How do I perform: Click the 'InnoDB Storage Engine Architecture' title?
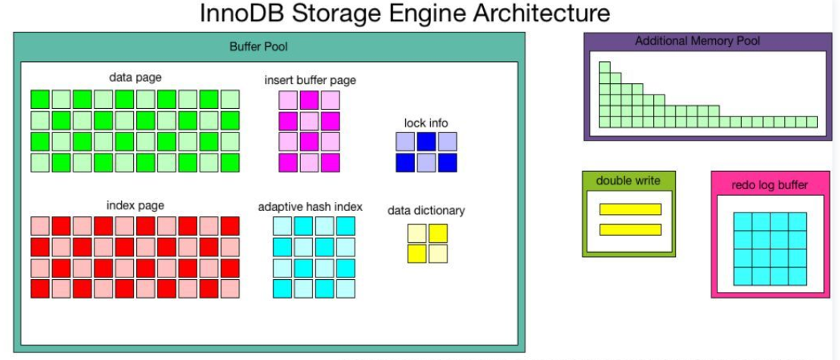point(405,13)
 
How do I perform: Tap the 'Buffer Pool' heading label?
point(259,47)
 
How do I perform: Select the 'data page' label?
point(135,77)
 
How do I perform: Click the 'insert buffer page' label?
point(310,80)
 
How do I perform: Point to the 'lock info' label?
point(426,123)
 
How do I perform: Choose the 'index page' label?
point(135,205)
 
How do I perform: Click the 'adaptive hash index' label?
point(310,206)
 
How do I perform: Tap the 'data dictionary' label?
point(426,210)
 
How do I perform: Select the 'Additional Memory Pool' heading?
point(698,41)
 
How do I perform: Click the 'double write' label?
point(629,181)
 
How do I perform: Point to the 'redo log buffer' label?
point(769,185)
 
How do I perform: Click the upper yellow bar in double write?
point(630,209)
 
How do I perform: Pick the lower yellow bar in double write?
point(630,230)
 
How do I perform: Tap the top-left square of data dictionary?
point(417,233)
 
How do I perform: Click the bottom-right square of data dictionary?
point(438,254)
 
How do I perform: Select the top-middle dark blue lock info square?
point(426,141)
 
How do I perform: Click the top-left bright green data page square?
point(39,99)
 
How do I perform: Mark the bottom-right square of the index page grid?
point(230,289)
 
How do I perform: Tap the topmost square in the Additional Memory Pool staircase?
point(604,67)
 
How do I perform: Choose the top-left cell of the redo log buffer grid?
point(742,222)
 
